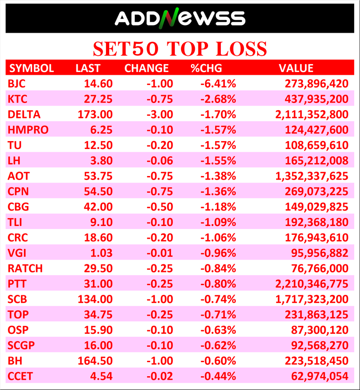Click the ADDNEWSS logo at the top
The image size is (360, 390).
point(180,19)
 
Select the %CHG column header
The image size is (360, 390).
point(206,68)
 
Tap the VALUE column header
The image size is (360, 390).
point(296,68)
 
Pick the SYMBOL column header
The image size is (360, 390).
point(32,68)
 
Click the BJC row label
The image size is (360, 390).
point(17,84)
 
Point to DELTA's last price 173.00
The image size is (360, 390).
point(94,115)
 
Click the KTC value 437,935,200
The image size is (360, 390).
point(312,99)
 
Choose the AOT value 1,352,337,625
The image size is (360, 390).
point(311,176)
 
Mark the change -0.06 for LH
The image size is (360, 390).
point(159,161)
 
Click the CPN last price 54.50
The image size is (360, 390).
point(98,191)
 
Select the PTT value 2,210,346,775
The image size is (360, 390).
point(311,284)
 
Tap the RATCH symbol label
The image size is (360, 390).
point(25,268)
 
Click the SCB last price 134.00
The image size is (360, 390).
point(94,299)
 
